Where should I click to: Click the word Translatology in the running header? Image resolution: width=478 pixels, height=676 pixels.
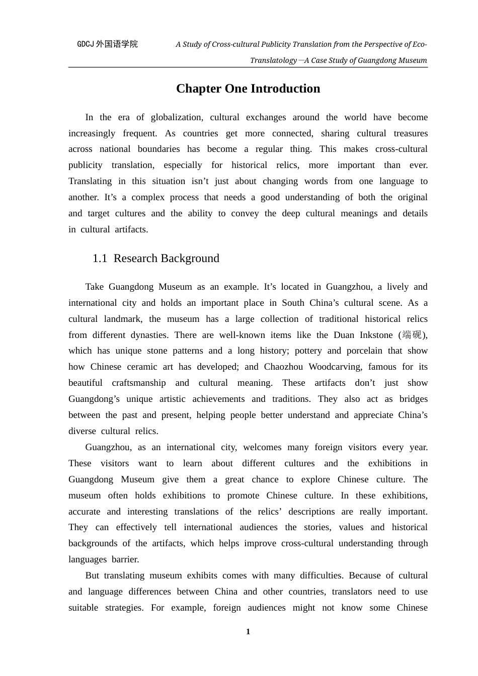point(273,60)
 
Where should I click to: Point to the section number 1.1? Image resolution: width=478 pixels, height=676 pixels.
point(100,259)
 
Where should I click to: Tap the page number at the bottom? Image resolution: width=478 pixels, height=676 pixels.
point(248,632)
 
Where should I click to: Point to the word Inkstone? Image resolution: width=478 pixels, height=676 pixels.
point(376,335)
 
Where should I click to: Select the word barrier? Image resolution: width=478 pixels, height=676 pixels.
point(125,559)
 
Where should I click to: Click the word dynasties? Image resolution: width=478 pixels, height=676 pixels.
point(149,335)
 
